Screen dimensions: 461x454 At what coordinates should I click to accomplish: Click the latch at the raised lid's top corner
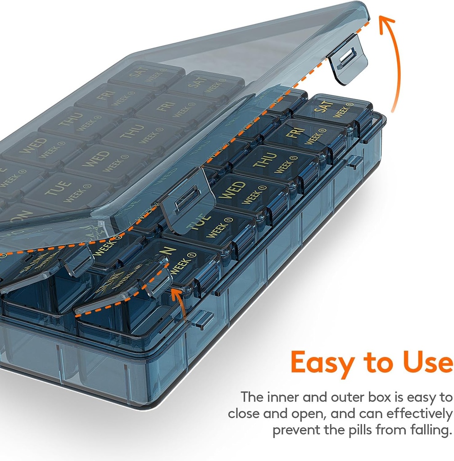(x=347, y=59)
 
